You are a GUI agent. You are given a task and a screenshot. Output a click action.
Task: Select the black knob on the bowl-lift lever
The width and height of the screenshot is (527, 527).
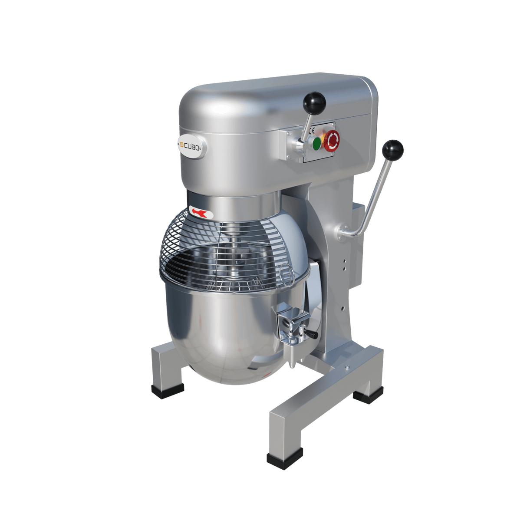pyautogui.click(x=393, y=150)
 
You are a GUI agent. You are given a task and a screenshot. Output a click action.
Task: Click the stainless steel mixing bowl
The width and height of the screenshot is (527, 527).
pyautogui.click(x=217, y=330)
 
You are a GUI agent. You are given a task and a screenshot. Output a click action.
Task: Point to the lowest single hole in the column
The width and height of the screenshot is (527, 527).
pyautogui.click(x=343, y=307)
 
